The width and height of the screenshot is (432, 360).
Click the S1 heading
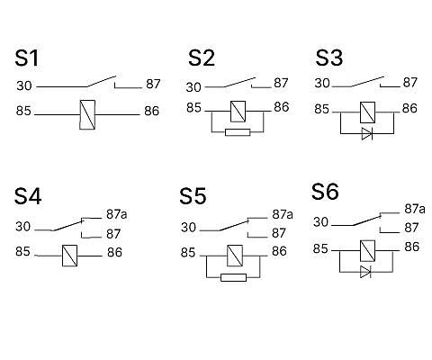[x=27, y=58]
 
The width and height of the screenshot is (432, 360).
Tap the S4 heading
[x=28, y=196]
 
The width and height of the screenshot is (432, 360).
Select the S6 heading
[x=325, y=192]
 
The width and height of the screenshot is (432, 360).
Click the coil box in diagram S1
[x=87, y=114]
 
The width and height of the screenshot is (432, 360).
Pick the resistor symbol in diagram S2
[x=238, y=132]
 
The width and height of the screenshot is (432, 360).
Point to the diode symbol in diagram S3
[x=367, y=133]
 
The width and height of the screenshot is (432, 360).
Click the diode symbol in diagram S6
[x=365, y=272]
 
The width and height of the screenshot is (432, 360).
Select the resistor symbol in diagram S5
[x=233, y=277]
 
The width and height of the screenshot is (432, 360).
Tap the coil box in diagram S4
[x=69, y=256]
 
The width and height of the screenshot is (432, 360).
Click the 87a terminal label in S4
[x=117, y=214]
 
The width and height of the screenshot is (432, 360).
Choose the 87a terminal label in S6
[x=415, y=209]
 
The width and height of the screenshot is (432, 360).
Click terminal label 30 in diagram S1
[x=24, y=85]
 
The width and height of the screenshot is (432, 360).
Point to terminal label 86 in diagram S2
[x=282, y=107]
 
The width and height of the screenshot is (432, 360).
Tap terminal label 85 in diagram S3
[x=322, y=109]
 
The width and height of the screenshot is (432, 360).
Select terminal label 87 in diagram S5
[x=279, y=233]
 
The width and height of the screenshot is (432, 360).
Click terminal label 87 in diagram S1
[x=153, y=84]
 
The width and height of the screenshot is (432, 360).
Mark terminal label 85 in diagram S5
[x=188, y=253]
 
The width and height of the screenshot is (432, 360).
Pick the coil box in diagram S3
[x=367, y=112]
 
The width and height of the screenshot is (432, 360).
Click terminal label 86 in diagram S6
[x=412, y=247]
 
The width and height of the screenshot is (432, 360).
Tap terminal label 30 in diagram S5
[x=188, y=228]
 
